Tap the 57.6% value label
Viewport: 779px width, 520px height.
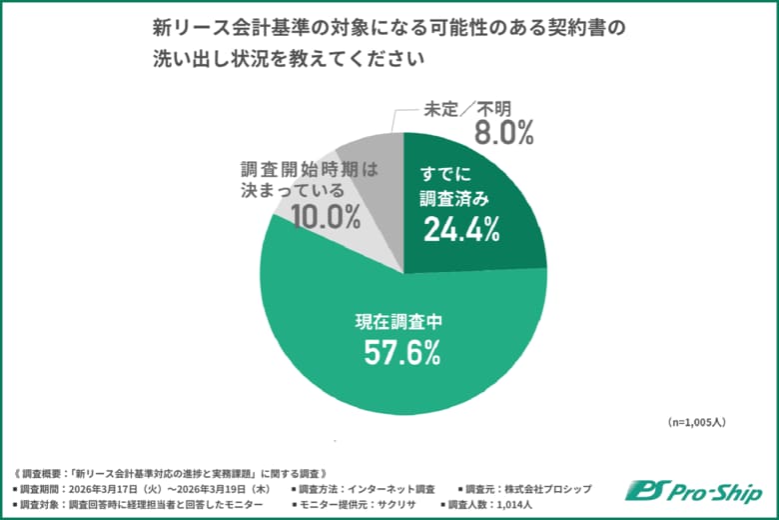coord(404,352)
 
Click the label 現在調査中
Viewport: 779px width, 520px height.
coord(404,321)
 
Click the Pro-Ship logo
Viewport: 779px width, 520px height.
coord(693,491)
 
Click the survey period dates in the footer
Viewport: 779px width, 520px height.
coord(170,489)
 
